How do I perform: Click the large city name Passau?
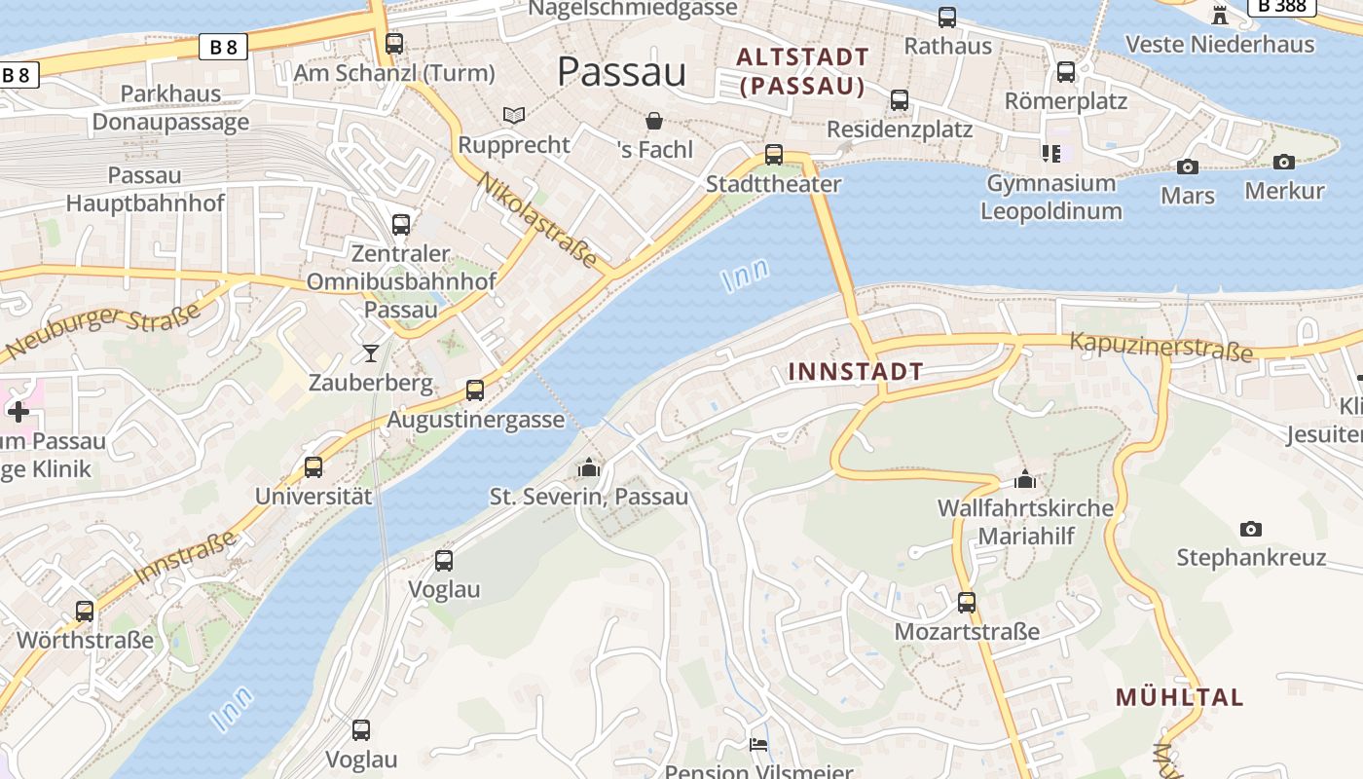pos(622,72)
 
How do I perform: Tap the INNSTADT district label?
pos(856,372)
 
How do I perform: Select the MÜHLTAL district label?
pos(1180,697)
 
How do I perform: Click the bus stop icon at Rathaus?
pos(947,18)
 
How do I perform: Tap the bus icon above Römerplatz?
pos(1066,72)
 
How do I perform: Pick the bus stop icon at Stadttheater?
pos(774,155)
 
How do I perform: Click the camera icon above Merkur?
pos(1284,163)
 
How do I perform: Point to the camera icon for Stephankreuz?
pos(1251,530)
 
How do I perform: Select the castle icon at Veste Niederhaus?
pos(1220,15)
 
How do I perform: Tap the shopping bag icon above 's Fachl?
pos(654,121)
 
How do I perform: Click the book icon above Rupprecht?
pos(514,116)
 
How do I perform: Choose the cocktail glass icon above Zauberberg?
pos(371,353)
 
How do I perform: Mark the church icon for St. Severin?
pos(588,468)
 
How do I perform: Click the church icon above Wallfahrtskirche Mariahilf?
pos(1024,479)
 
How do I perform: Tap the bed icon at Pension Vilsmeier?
pos(758,745)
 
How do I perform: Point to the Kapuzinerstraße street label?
pos(1160,347)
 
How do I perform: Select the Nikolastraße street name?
pos(536,220)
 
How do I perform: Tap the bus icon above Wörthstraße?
pos(85,612)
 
